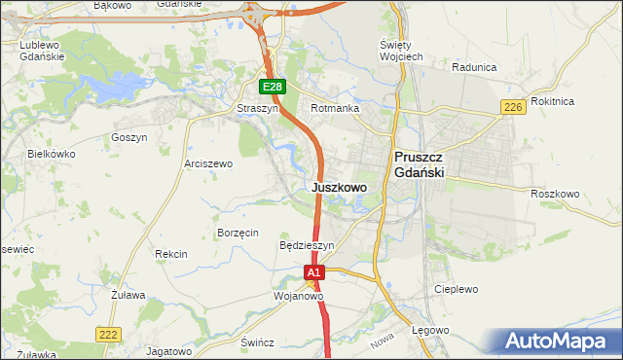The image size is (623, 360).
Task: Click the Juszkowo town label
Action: [340, 187]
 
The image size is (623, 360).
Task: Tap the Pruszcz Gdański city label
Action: [419, 163]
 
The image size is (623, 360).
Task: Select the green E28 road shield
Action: [273, 88]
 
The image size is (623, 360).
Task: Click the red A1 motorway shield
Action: [313, 274]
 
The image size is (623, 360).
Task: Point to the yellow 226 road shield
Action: [513, 107]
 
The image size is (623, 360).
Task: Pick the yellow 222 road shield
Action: [109, 334]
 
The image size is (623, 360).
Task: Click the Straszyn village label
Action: [258, 109]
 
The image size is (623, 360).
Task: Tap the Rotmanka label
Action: [335, 109]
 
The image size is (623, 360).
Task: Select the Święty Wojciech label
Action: [400, 51]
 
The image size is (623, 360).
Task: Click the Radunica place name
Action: [475, 68]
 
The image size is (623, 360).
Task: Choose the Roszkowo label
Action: [555, 194]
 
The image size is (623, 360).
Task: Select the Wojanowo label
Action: [297, 295]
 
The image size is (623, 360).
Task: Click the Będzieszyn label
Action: [307, 245]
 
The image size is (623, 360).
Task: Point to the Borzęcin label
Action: [238, 233]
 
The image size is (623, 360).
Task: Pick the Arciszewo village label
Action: [208, 163]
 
